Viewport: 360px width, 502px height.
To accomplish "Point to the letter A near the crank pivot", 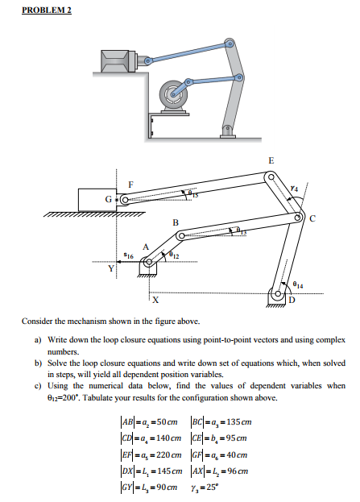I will [x=145, y=247].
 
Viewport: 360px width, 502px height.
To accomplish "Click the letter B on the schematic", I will [x=176, y=222].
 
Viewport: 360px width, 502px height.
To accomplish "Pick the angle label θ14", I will [x=300, y=284].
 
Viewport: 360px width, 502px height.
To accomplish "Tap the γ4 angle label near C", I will [x=294, y=188].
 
